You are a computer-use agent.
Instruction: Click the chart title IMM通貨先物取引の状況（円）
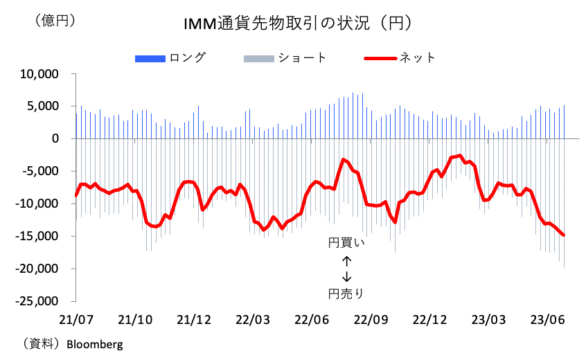[299, 24]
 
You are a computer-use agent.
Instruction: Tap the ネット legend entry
[417, 57]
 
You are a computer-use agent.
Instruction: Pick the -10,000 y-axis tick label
[39, 204]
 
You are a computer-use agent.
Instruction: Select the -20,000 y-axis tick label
[39, 269]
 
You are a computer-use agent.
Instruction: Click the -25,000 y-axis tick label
[39, 301]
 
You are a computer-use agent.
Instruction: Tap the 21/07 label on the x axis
[76, 321]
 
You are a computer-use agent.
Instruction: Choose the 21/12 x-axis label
[194, 321]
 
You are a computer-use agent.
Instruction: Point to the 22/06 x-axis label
[312, 321]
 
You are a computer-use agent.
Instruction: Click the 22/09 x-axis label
[371, 321]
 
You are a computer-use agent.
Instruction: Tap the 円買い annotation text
[346, 243]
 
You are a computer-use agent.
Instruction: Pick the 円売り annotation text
[346, 294]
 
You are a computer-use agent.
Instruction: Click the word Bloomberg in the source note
[94, 343]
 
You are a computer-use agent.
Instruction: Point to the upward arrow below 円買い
[346, 260]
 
